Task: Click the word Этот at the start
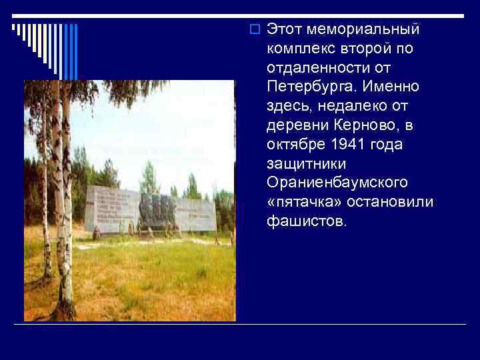(284, 30)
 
